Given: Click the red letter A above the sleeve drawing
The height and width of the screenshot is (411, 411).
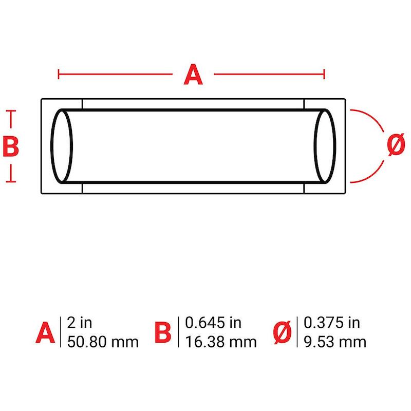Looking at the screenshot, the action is coord(193,74).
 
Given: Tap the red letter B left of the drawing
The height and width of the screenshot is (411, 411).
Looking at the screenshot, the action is coord(11,146).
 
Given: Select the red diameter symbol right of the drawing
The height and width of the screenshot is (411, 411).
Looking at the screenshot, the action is coord(396,144).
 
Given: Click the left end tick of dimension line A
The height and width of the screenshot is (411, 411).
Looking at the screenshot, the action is coord(59,74).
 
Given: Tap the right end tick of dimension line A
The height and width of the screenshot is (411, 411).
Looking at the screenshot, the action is coord(324,74).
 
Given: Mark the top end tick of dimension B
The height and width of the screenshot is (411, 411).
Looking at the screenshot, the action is coord(11,111).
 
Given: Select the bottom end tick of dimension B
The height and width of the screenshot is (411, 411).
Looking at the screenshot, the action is coord(11,181).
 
